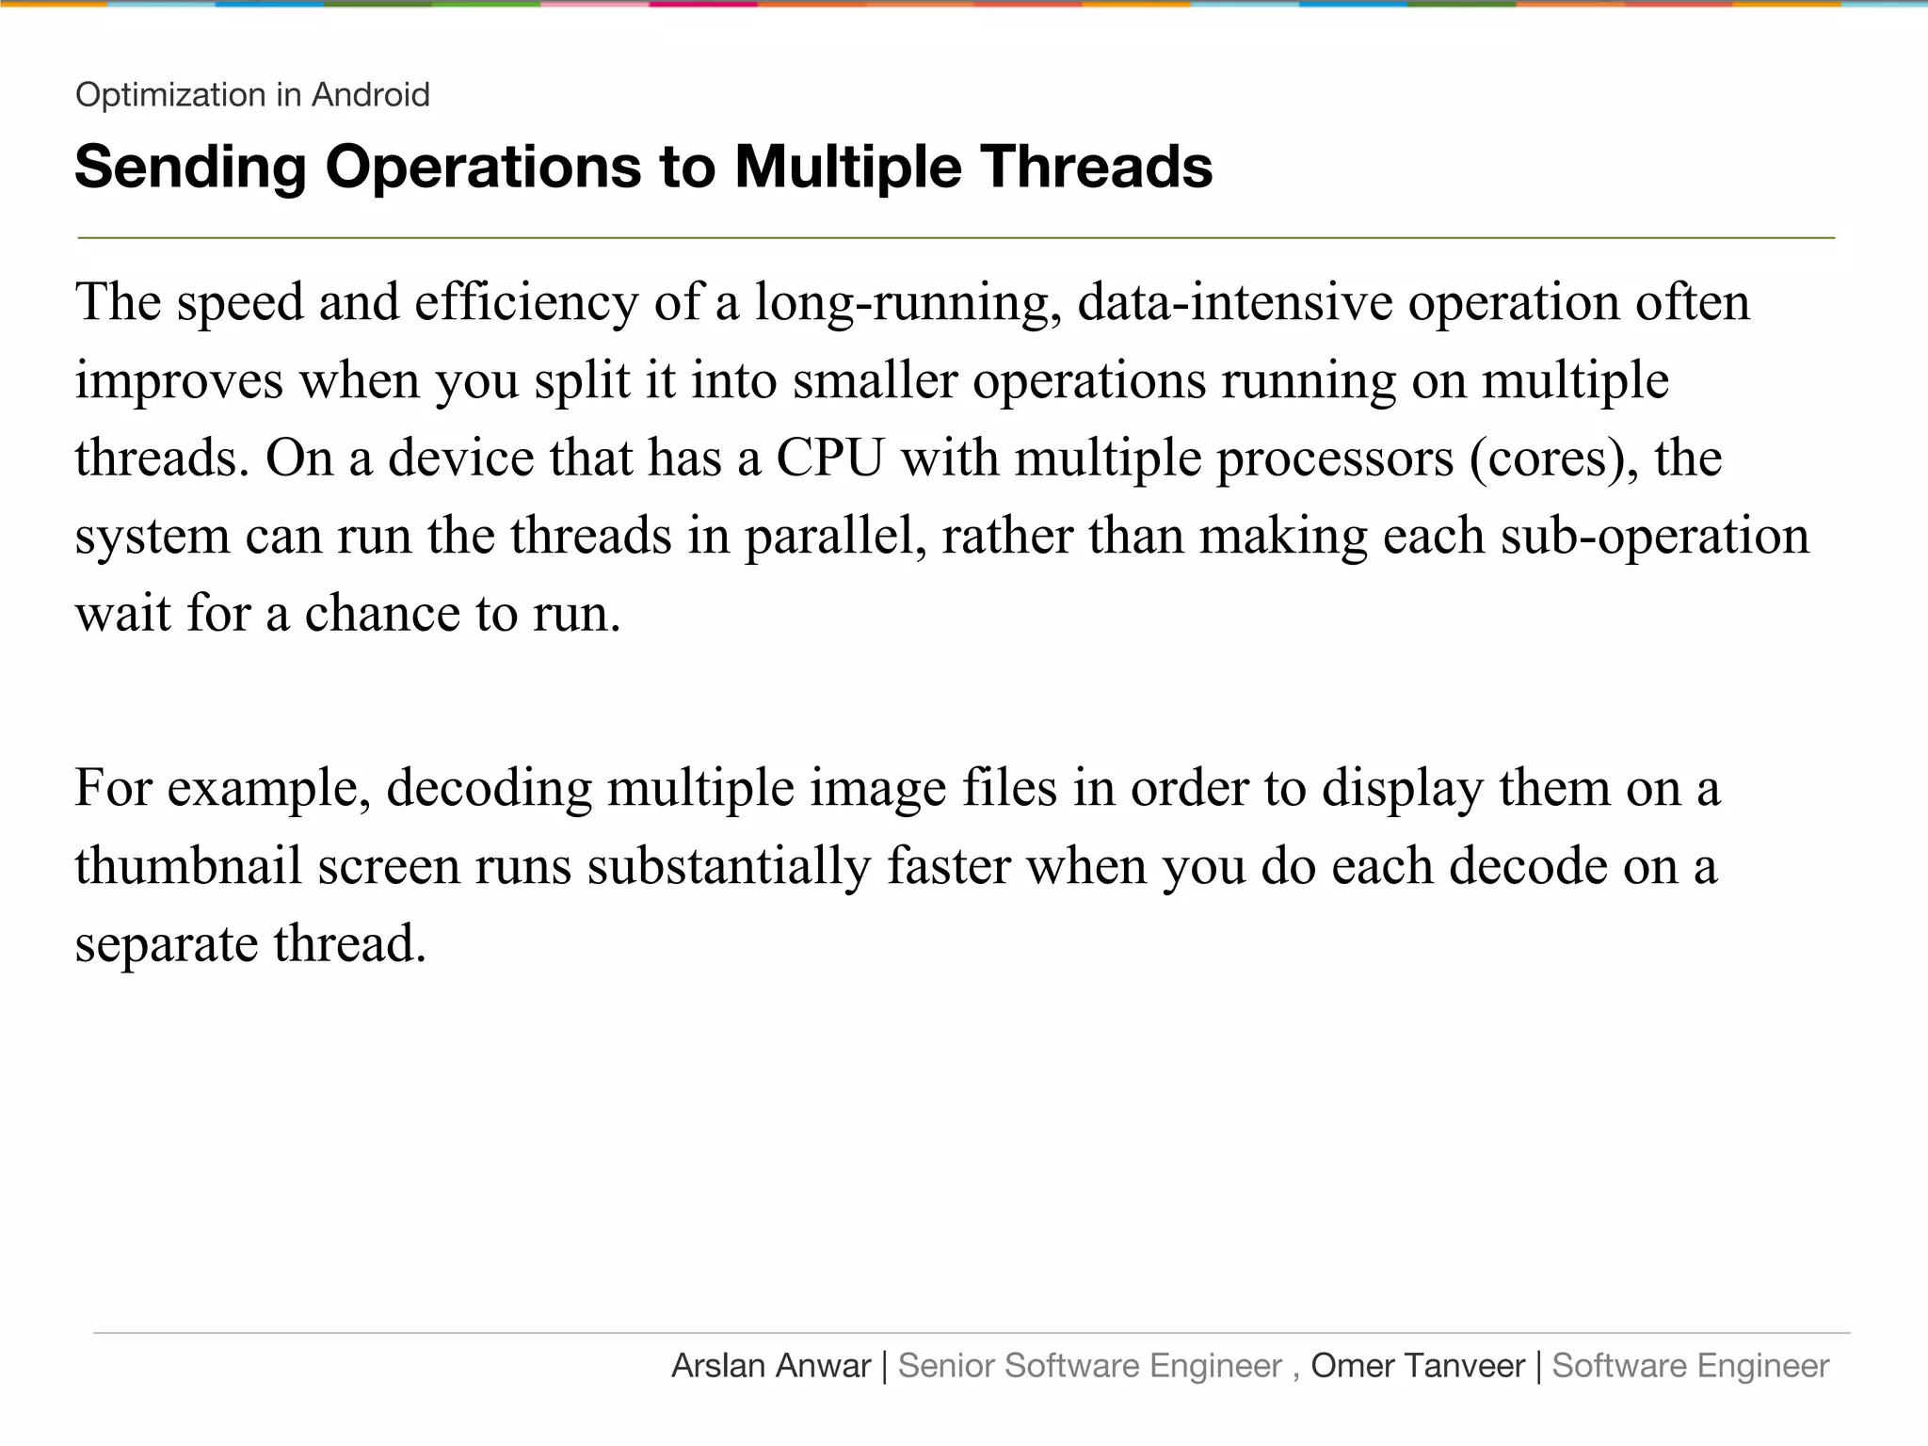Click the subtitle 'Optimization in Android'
[252, 95]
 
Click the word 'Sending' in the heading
[191, 168]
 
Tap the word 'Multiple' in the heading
[847, 168]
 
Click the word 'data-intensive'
[1234, 303]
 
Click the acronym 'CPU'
[829, 458]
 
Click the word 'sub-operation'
[1654, 537]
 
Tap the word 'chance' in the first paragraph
[382, 614]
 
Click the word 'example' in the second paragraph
[268, 788]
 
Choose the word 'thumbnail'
[188, 866]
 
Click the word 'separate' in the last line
[167, 944]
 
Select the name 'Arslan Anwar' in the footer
[771, 1366]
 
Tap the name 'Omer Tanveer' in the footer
[1417, 1366]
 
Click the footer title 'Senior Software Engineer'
[1089, 1366]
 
